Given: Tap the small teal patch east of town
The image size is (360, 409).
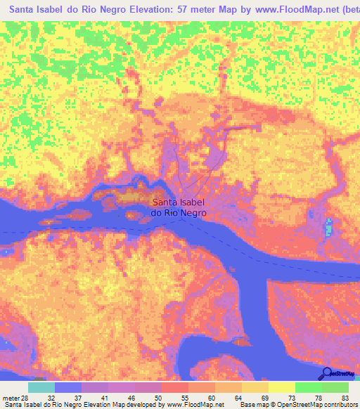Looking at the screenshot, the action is (330, 228).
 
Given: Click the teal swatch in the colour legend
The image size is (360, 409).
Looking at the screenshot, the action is (41, 387).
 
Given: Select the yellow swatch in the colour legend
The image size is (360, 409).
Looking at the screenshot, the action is (282, 387).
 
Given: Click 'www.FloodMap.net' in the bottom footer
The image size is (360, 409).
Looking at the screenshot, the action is (194, 404).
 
